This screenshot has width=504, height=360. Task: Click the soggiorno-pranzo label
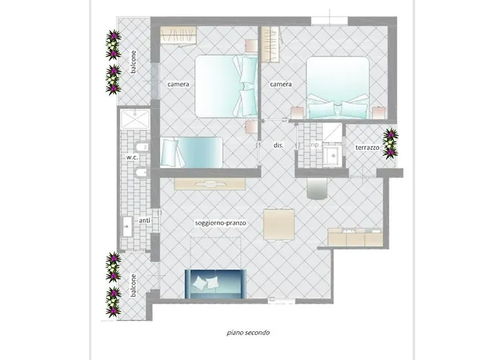tap(221, 223)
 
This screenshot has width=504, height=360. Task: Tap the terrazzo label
tap(367, 147)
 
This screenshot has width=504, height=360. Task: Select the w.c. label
tap(132, 157)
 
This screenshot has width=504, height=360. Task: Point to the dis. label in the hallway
tap(279, 145)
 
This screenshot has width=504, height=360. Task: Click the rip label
tap(315, 145)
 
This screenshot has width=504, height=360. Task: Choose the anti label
tap(144, 221)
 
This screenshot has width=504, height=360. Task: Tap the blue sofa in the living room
tap(216, 282)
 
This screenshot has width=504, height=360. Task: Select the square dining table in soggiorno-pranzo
tap(279, 224)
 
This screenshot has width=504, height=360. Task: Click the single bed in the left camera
tap(192, 152)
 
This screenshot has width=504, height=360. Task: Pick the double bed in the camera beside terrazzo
tap(338, 89)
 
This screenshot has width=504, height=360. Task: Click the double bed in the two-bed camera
tap(225, 86)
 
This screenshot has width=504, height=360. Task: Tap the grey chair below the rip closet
tap(316, 188)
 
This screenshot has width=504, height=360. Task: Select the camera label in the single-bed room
tap(179, 85)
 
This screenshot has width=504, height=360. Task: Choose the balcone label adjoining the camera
tap(134, 61)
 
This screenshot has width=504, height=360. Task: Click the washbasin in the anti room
tap(127, 226)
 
